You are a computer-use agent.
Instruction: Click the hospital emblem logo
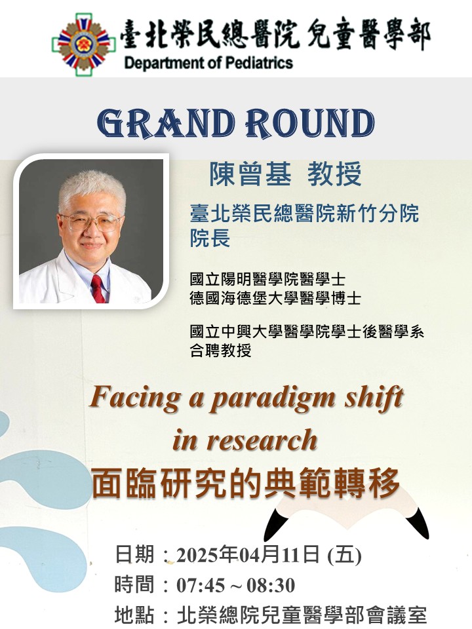[83, 44]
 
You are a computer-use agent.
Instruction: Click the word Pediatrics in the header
[258, 63]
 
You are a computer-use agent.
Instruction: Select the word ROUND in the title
[310, 123]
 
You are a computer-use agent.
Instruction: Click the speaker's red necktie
[98, 289]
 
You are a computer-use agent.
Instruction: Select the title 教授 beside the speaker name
[334, 174]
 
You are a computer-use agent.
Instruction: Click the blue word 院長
[210, 238]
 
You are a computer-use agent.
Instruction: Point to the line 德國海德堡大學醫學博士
[275, 299]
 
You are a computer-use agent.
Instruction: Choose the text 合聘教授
[221, 351]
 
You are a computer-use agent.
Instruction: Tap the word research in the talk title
[262, 440]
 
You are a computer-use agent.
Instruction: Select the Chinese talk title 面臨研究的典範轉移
[246, 483]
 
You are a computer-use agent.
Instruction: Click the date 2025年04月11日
[248, 555]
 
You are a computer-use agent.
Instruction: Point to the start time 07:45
[201, 585]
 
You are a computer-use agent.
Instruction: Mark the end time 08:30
[271, 585]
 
